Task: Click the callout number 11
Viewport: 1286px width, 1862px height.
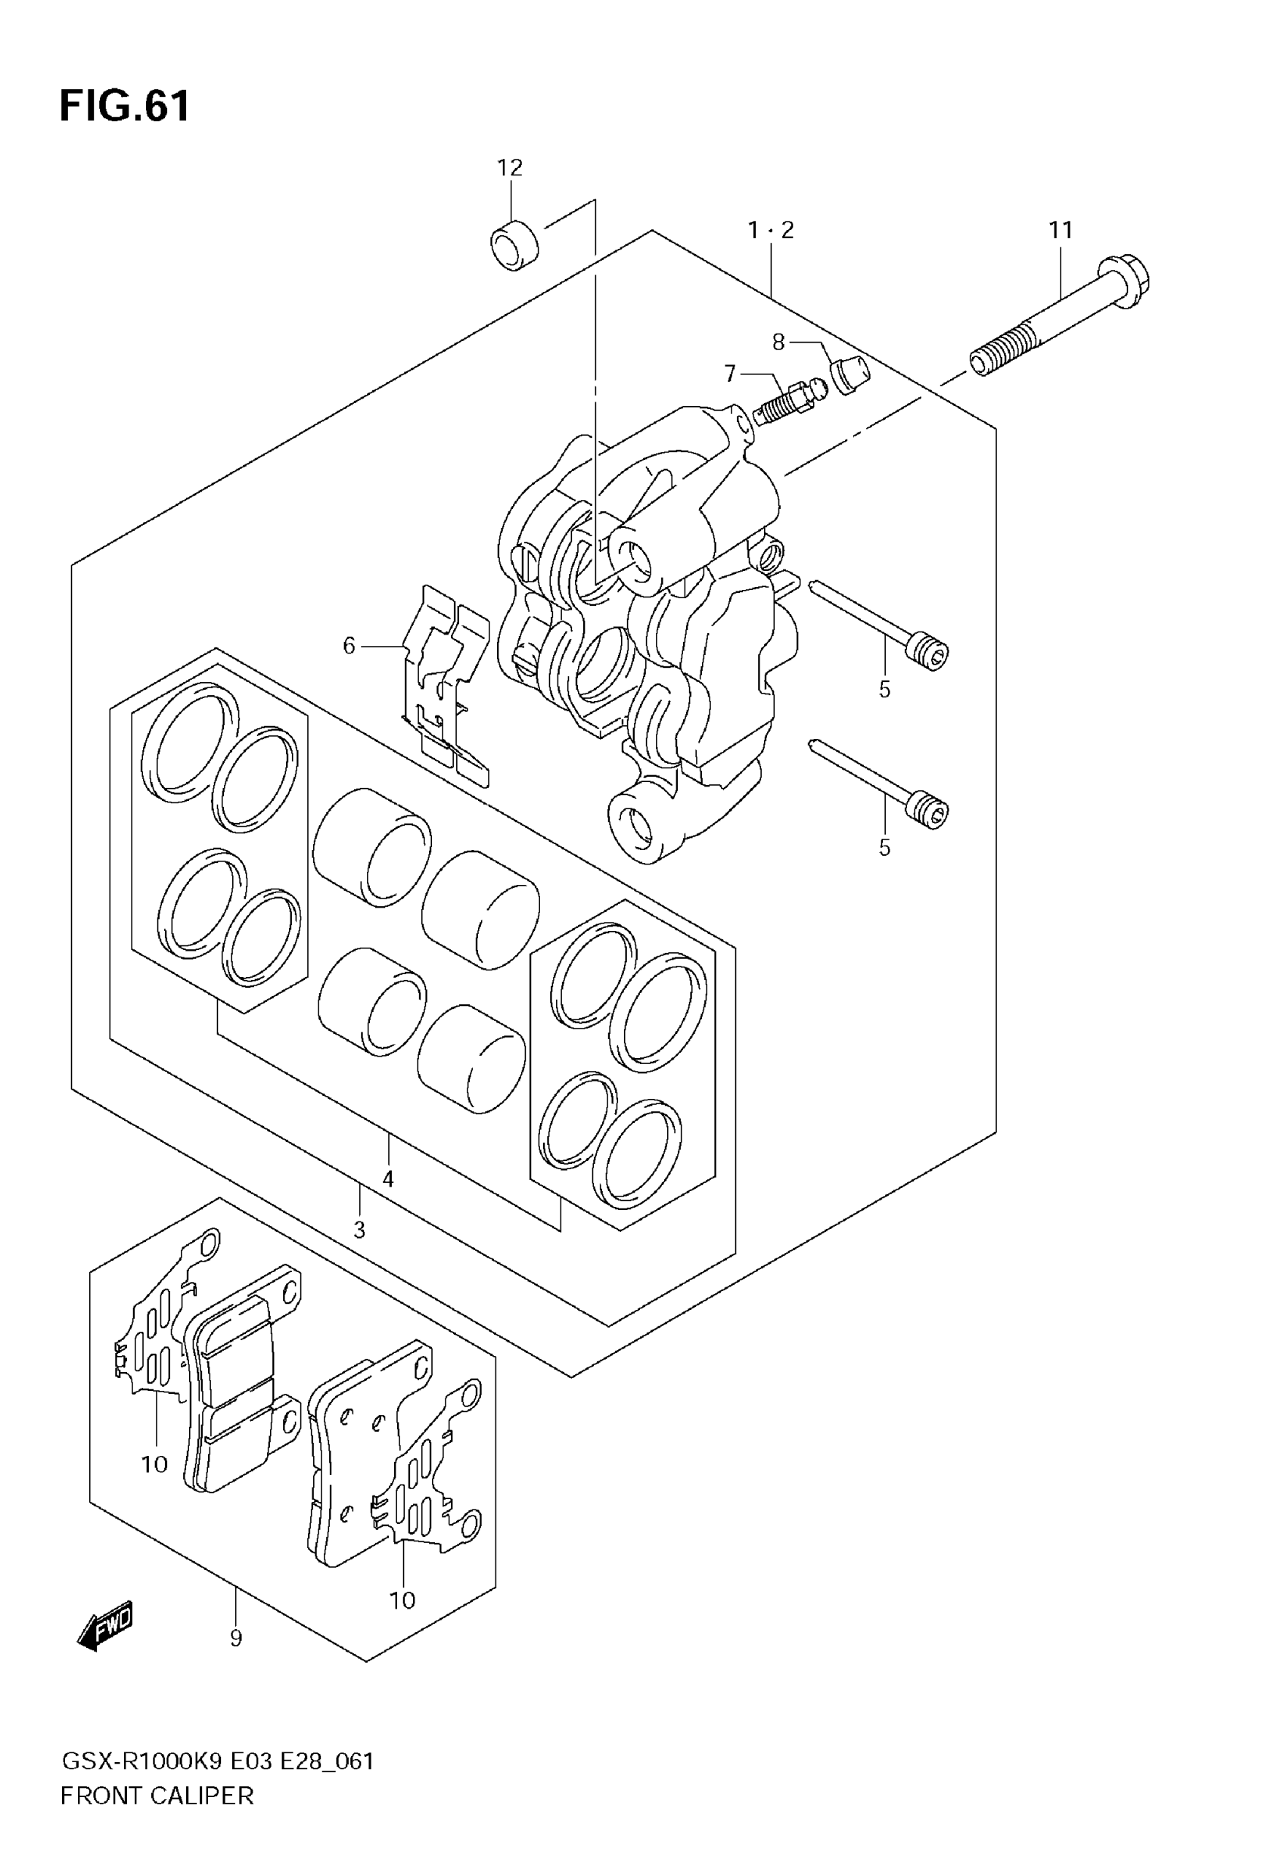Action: coord(1061,231)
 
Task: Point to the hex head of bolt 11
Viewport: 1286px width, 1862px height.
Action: coord(1125,275)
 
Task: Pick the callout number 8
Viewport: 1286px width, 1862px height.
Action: coord(778,343)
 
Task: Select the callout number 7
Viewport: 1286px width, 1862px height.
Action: coord(730,374)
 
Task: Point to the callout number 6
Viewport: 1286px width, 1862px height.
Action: coord(349,646)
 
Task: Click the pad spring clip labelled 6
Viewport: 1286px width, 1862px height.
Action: coord(446,684)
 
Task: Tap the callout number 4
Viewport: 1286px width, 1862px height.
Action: coord(387,1179)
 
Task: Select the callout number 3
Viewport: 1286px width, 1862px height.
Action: coord(359,1230)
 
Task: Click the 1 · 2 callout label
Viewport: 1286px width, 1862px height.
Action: coord(770,231)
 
